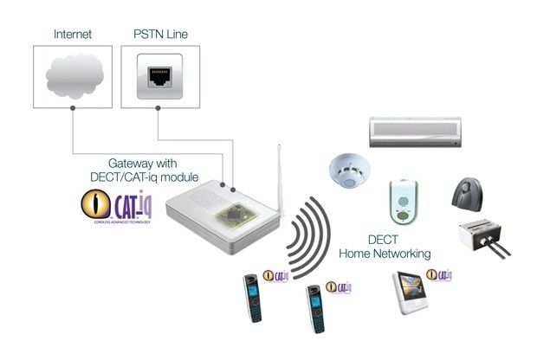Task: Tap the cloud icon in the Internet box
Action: pos(74,75)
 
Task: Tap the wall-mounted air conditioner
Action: pos(421,132)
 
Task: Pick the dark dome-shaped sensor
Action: pos(471,193)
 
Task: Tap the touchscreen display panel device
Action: pos(411,292)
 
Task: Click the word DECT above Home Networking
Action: pos(389,240)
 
